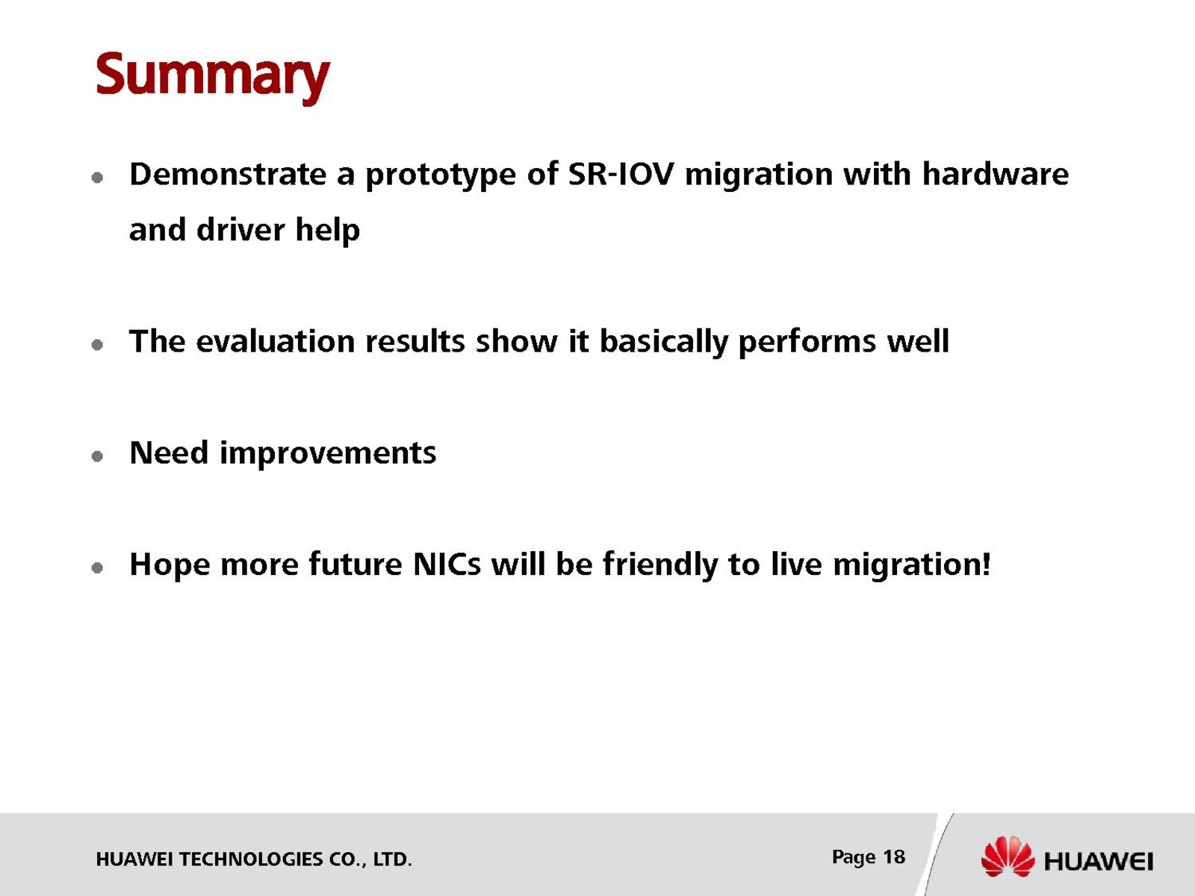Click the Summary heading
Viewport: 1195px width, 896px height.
coord(212,77)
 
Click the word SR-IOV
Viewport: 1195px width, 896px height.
coord(621,174)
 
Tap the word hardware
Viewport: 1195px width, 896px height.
coord(995,174)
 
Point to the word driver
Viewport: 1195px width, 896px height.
coord(240,229)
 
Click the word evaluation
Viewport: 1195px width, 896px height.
coord(275,342)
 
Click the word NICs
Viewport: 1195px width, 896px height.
coord(447,564)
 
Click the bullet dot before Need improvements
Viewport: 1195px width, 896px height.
coord(97,456)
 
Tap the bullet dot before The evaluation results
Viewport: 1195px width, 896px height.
coord(97,344)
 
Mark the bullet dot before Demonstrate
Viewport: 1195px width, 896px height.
coord(97,178)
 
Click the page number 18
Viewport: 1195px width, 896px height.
coord(894,857)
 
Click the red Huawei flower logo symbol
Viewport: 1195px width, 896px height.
coord(1008,856)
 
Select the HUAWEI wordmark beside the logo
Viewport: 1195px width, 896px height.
coord(1098,862)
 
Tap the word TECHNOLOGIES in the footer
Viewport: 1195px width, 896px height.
coord(251,859)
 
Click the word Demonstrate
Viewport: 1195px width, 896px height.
coord(228,174)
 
